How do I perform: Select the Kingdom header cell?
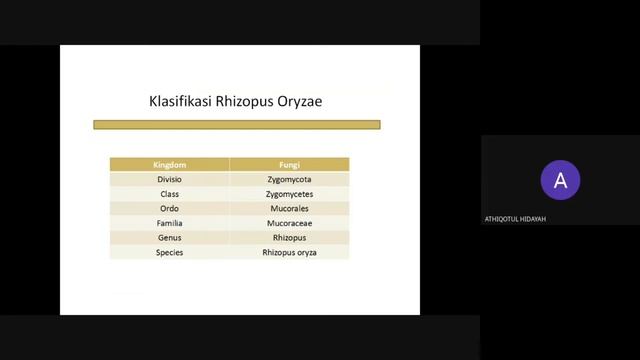click(169, 164)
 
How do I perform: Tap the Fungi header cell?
click(289, 164)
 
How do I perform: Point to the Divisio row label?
click(169, 179)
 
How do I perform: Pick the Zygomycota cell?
click(289, 179)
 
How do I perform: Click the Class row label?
click(169, 194)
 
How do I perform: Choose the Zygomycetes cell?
click(289, 194)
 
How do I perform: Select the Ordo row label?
click(169, 209)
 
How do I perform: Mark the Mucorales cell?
click(289, 209)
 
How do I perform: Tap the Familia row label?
click(169, 224)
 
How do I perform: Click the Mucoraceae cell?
click(289, 224)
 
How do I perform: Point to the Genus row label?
click(169, 238)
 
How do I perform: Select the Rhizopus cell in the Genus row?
click(289, 238)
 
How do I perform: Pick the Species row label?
click(169, 253)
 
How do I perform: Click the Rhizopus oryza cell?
click(289, 253)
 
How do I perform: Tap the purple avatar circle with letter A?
click(560, 181)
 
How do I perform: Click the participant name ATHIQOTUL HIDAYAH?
click(515, 219)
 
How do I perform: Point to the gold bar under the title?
click(237, 125)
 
